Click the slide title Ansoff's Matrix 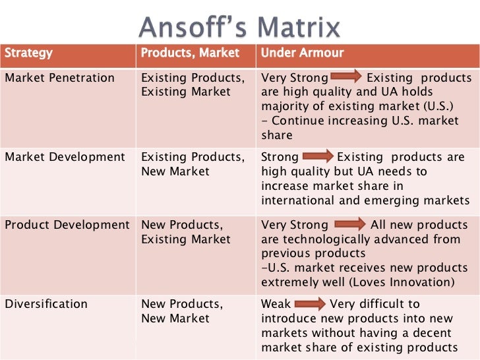coord(240,27)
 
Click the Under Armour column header coord(302,53)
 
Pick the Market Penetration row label coord(59,78)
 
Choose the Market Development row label coord(65,157)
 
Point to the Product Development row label coord(67,225)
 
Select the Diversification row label coord(46,304)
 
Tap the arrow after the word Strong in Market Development coord(318,157)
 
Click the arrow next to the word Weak coord(309,304)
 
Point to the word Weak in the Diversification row coord(276,304)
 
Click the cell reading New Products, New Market coord(183,311)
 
